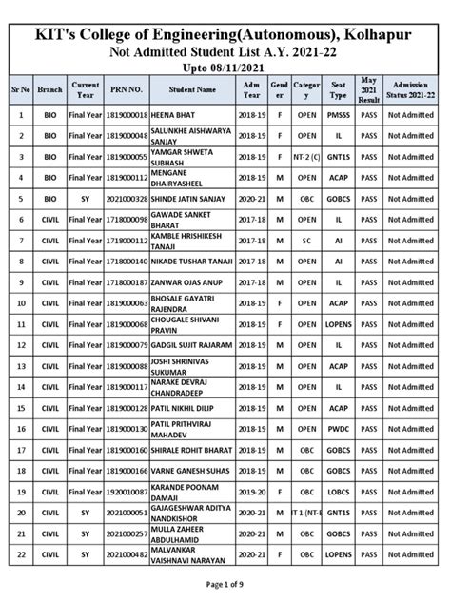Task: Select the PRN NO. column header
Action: [x=127, y=88]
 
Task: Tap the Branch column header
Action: [x=49, y=88]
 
